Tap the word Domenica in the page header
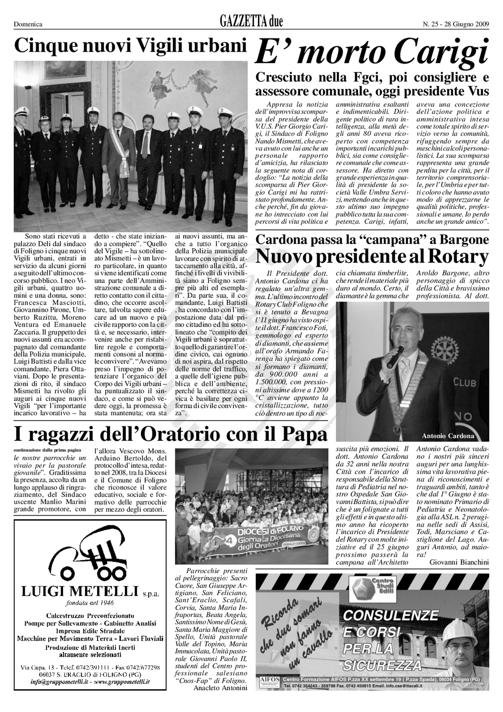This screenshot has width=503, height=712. (28, 24)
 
